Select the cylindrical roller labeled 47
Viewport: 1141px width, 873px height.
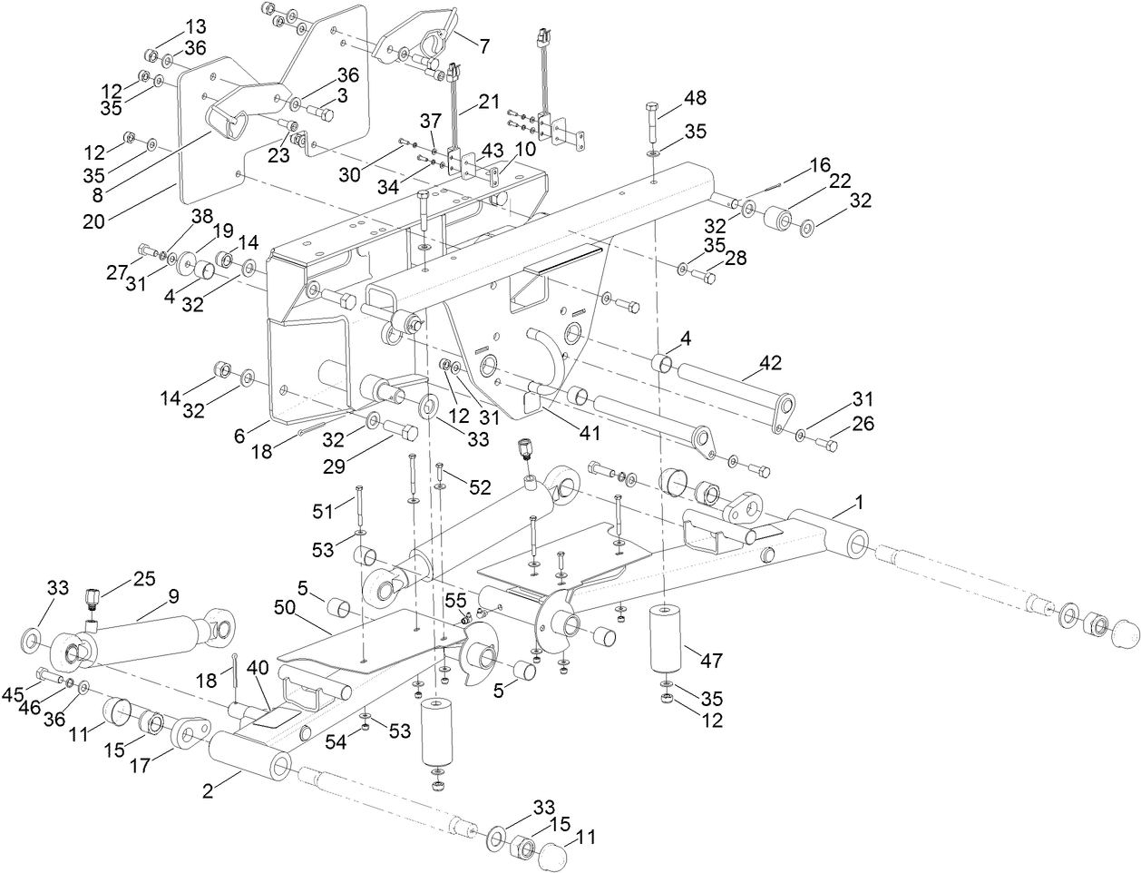[667, 639]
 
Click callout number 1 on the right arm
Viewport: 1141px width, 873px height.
[859, 502]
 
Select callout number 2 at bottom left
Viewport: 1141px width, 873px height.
[208, 790]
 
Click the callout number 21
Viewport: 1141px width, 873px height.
[489, 102]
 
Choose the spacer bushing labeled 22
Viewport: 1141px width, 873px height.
[779, 220]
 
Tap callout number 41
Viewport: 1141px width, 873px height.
[590, 434]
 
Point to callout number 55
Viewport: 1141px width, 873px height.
[454, 600]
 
